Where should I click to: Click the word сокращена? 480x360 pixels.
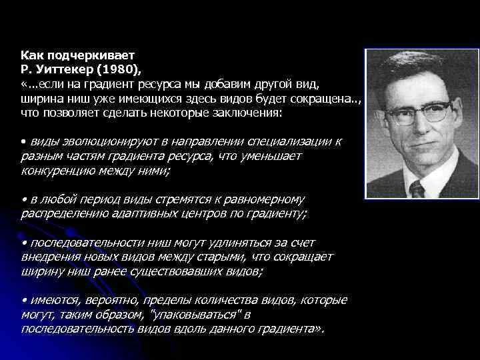tap(324, 99)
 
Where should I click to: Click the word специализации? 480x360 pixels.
tap(295, 143)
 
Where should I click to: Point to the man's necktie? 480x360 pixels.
tap(417, 189)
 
